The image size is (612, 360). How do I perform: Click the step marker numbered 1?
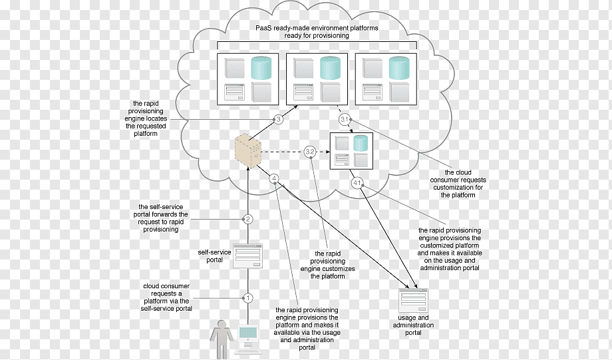click(248, 298)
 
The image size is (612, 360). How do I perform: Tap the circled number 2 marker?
click(248, 219)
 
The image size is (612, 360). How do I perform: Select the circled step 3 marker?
click(278, 120)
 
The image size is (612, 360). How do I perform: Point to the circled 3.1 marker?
click(345, 120)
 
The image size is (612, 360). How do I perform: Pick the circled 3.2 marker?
click(310, 152)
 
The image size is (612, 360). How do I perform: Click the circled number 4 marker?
click(274, 179)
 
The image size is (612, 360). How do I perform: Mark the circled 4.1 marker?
click(357, 183)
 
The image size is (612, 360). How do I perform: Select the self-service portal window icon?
click(248, 256)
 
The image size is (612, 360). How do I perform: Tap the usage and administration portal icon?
click(413, 301)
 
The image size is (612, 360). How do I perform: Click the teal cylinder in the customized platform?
click(361, 143)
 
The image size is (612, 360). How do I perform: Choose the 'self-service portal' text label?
click(214, 256)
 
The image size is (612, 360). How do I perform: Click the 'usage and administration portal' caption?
click(413, 325)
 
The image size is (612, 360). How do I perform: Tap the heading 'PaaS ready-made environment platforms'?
click(317, 28)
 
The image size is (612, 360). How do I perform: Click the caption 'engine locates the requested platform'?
click(146, 126)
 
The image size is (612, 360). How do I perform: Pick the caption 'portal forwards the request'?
click(161, 218)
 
